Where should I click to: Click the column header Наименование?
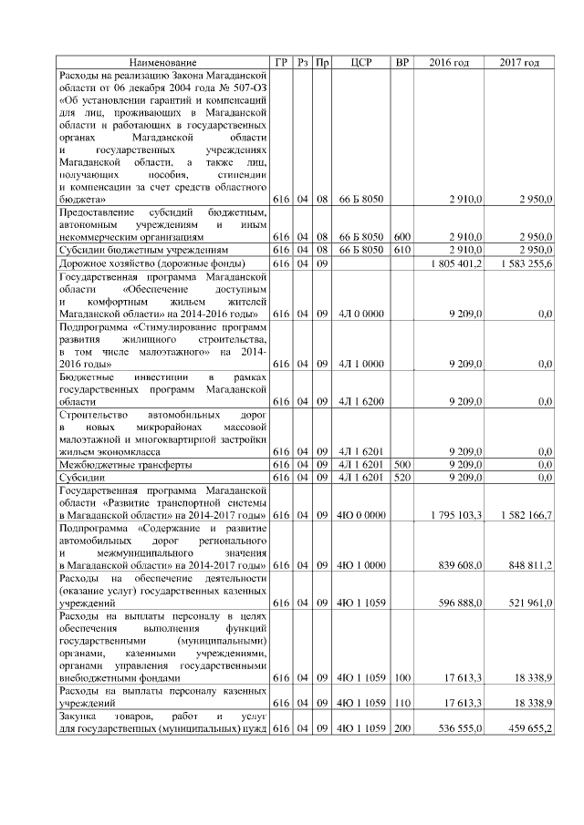pos(162,62)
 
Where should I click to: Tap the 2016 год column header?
pos(449,62)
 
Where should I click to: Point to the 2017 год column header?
pos(520,62)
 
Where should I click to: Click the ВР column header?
pos(401,62)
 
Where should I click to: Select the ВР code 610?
pos(401,249)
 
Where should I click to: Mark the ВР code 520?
pos(401,477)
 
